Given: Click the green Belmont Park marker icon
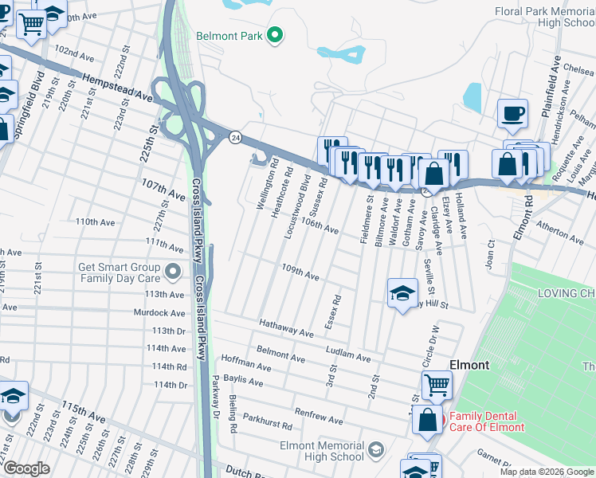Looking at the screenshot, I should pos(276,35).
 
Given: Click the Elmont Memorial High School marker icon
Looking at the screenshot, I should pos(374,452).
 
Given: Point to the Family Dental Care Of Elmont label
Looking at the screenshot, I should pos(488,421).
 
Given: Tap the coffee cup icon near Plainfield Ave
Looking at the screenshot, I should pos(512,112).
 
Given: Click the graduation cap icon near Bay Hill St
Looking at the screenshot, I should pos(402,292).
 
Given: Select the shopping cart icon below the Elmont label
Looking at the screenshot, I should pos(437,385).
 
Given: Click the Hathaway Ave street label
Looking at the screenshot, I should pos(287,327).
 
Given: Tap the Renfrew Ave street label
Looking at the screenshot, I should pos(319,416).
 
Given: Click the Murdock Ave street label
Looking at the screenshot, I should pos(159,313).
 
